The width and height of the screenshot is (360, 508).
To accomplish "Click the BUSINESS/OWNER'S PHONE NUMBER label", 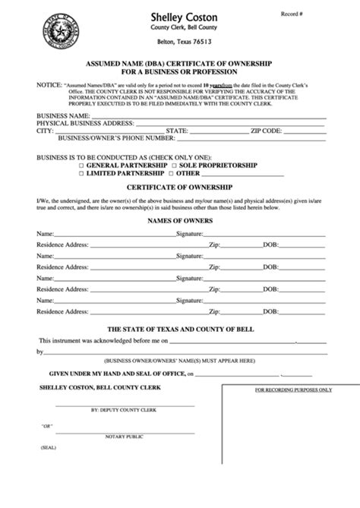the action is tap(112, 138).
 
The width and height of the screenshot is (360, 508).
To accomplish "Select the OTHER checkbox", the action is tap(174, 173).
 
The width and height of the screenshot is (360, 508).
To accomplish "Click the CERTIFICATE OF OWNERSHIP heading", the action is tap(180, 188).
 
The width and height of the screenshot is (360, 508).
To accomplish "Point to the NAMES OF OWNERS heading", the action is tap(180, 220).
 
